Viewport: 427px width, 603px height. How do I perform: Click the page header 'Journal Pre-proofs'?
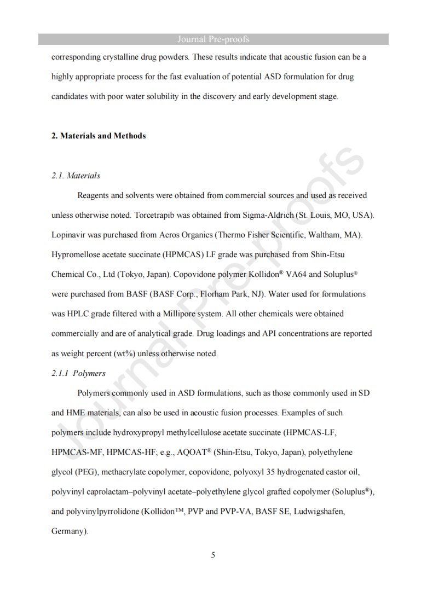tap(214, 39)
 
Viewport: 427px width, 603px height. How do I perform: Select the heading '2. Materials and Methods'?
tap(99, 136)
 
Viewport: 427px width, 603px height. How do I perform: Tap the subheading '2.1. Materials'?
tap(76, 176)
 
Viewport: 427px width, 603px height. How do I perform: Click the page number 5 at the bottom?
tap(213, 555)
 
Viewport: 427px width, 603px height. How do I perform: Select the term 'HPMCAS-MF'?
tap(74, 452)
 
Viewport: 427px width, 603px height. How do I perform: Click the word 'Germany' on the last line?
tap(68, 531)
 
